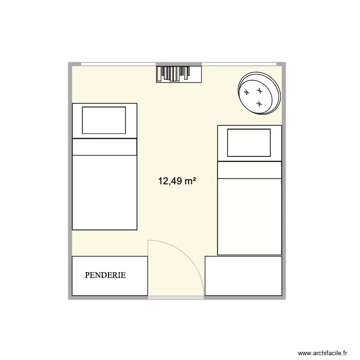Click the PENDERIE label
click(105, 276)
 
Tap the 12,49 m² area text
click(177, 181)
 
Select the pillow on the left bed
click(104, 120)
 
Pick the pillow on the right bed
click(249, 143)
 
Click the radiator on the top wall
click(179, 73)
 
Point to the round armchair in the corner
click(259, 94)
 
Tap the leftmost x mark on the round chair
click(247, 93)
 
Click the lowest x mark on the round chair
click(259, 103)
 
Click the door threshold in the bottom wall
click(176, 298)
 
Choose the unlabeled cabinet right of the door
click(243, 276)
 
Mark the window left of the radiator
click(118, 64)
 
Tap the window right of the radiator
click(239, 64)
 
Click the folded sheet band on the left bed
click(104, 147)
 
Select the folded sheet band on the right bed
click(249, 170)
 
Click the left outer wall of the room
click(70, 182)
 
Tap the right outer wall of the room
click(284, 182)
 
